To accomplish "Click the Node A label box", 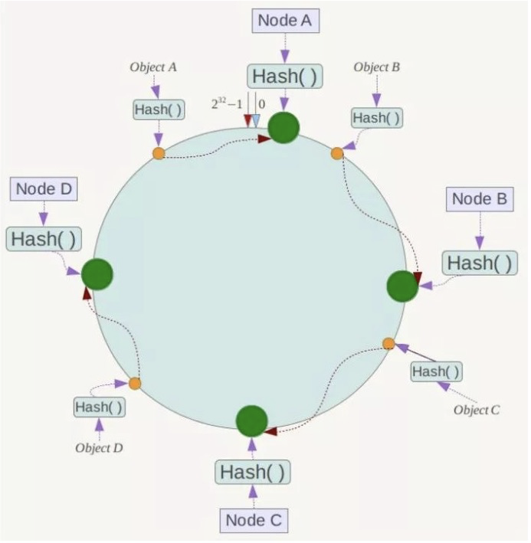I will click(284, 21).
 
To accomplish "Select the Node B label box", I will click(480, 200).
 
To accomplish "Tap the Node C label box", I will click(254, 521).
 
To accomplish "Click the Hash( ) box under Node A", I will click(284, 77).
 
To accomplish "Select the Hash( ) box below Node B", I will click(480, 263).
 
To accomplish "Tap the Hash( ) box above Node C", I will click(252, 473).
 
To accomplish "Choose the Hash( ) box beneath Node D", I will click(44, 239).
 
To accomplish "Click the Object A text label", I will click(153, 67).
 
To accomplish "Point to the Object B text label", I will click(376, 67).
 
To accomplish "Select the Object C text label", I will click(477, 410).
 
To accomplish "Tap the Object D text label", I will click(99, 447).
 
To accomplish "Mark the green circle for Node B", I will click(402, 286).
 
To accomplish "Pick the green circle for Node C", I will click(251, 421).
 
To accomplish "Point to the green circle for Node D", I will click(97, 273).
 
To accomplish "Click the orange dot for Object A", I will click(159, 153).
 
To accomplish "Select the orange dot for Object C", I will click(388, 343).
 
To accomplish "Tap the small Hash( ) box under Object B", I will click(376, 118).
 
